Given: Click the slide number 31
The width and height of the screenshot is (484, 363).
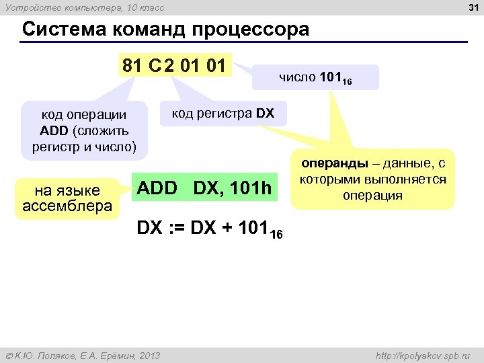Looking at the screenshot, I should click(473, 8).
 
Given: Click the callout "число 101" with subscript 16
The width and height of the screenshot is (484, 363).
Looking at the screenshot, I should click(316, 78).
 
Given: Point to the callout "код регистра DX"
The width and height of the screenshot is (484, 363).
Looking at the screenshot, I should click(223, 113).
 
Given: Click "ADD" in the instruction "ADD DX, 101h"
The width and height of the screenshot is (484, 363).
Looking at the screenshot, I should click(156, 189).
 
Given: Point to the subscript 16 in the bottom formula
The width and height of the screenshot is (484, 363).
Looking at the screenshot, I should click(277, 234).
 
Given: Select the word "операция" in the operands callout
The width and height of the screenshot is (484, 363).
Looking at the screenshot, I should click(372, 196).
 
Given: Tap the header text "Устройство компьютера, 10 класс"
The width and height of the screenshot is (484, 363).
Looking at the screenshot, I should click(83, 8).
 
